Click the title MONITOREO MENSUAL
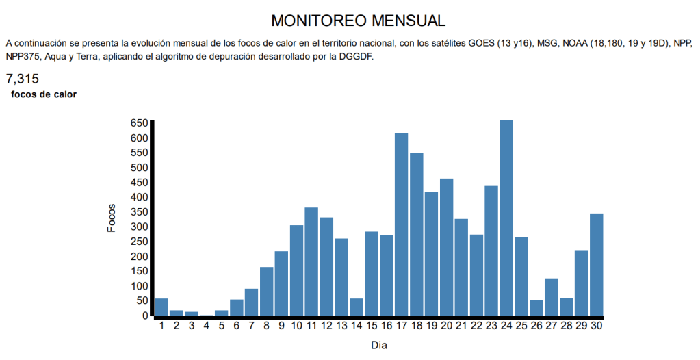pyautogui.click(x=349, y=20)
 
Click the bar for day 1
pyautogui.click(x=161, y=307)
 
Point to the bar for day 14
pyautogui.click(x=357, y=307)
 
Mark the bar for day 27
pyautogui.click(x=552, y=297)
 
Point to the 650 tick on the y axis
pyautogui.click(x=139, y=123)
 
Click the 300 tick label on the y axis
pyautogui.click(x=139, y=227)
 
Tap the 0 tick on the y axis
pyautogui.click(x=144, y=316)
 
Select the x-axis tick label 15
pyautogui.click(x=372, y=326)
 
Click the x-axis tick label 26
pyautogui.click(x=536, y=326)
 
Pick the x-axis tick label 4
pyautogui.click(x=207, y=326)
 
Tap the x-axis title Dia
pyautogui.click(x=379, y=346)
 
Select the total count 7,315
pyautogui.click(x=23, y=79)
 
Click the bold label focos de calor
pyautogui.click(x=44, y=94)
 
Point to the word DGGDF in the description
pyautogui.click(x=355, y=56)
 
